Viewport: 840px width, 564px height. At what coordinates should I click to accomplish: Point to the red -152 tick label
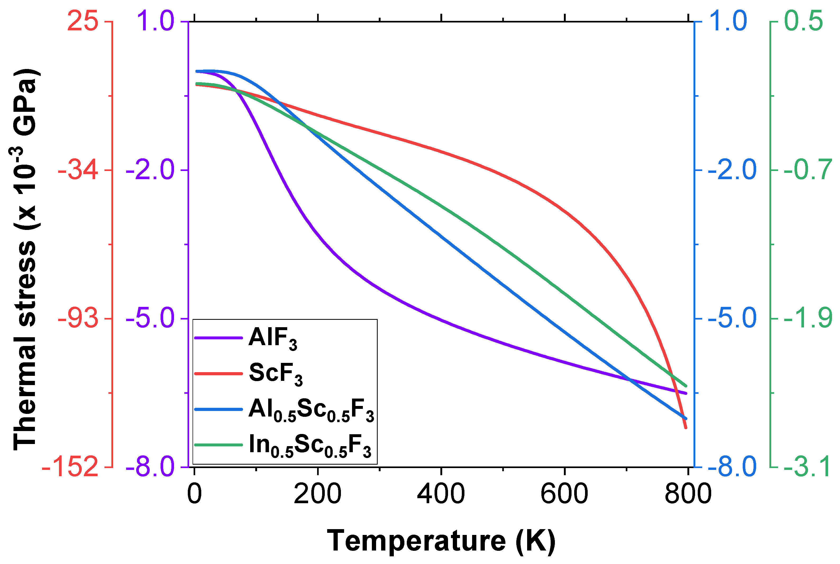(x=70, y=467)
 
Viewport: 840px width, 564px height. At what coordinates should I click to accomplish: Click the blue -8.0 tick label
(x=732, y=467)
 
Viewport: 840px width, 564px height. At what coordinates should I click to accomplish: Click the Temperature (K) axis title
(x=441, y=541)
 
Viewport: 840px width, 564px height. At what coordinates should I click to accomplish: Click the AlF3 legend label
(x=273, y=338)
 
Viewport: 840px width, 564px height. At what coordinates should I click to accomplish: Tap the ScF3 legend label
(x=276, y=374)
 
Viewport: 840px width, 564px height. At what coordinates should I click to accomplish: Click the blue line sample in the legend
(x=218, y=409)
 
